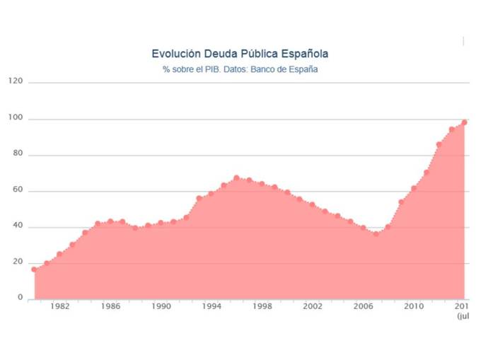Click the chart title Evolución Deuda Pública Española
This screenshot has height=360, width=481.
(240, 54)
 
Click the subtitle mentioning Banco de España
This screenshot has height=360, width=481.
(240, 69)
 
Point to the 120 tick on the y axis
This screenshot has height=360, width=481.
(16, 82)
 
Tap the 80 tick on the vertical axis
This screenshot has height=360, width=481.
(18, 155)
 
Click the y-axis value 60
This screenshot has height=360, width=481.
(18, 191)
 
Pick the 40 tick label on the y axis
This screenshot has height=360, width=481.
(18, 227)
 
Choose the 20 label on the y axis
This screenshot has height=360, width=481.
(18, 263)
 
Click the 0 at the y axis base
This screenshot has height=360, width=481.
(20, 298)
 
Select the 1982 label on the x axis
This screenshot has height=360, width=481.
(59, 307)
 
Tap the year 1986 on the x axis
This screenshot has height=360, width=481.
(110, 307)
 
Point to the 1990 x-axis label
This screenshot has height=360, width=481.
(161, 307)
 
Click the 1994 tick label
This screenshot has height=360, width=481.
(211, 307)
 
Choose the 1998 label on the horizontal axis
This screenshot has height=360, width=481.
(262, 307)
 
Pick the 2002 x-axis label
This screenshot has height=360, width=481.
(312, 307)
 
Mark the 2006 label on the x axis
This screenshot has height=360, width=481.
(363, 307)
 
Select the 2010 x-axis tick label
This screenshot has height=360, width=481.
(413, 307)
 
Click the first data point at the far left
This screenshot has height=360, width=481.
(33, 269)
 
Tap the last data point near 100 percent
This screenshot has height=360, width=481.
(465, 122)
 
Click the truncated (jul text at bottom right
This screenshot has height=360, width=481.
(463, 317)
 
